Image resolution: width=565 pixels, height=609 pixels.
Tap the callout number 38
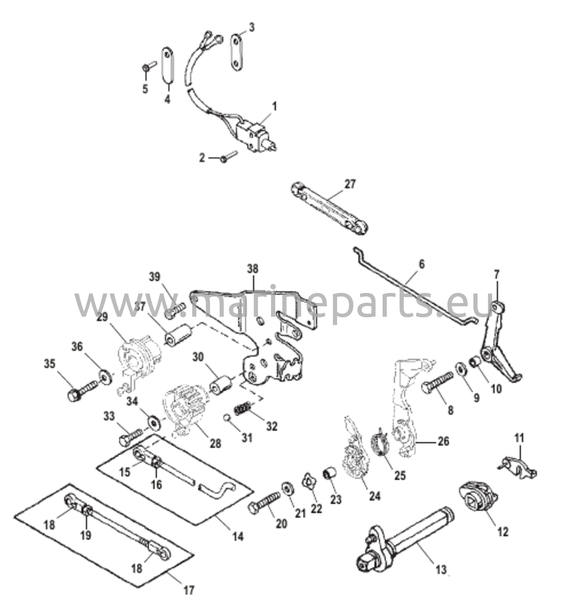[253, 269]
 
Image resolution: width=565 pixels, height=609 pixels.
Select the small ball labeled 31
[227, 417]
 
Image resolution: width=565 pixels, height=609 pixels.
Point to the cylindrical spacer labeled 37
[178, 336]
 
